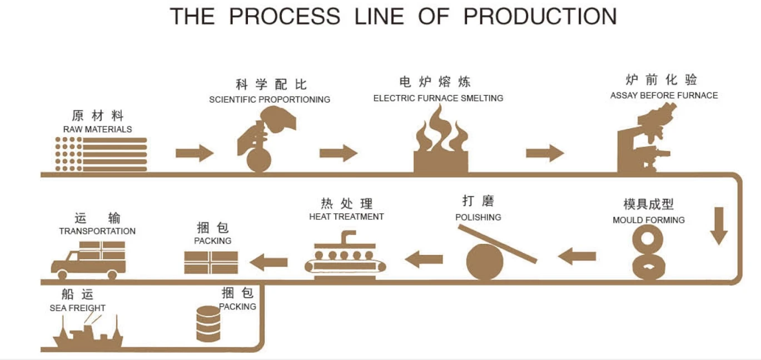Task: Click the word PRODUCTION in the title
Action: click(540, 16)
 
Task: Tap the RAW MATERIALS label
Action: click(97, 129)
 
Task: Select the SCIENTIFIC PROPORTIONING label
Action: click(270, 99)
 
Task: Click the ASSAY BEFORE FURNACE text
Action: click(664, 96)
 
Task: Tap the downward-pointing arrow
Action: click(719, 226)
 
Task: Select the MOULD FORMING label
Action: click(649, 220)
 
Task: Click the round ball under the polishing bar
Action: click(485, 262)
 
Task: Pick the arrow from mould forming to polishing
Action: click(577, 256)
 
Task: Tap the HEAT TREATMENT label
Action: click(346, 217)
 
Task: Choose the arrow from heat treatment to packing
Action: click(268, 262)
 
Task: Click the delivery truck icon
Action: click(88, 261)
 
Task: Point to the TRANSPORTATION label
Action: click(97, 231)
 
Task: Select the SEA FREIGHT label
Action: click(77, 308)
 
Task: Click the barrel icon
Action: click(208, 324)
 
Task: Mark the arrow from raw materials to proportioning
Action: click(195, 153)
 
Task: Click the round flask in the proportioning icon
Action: click(259, 161)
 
